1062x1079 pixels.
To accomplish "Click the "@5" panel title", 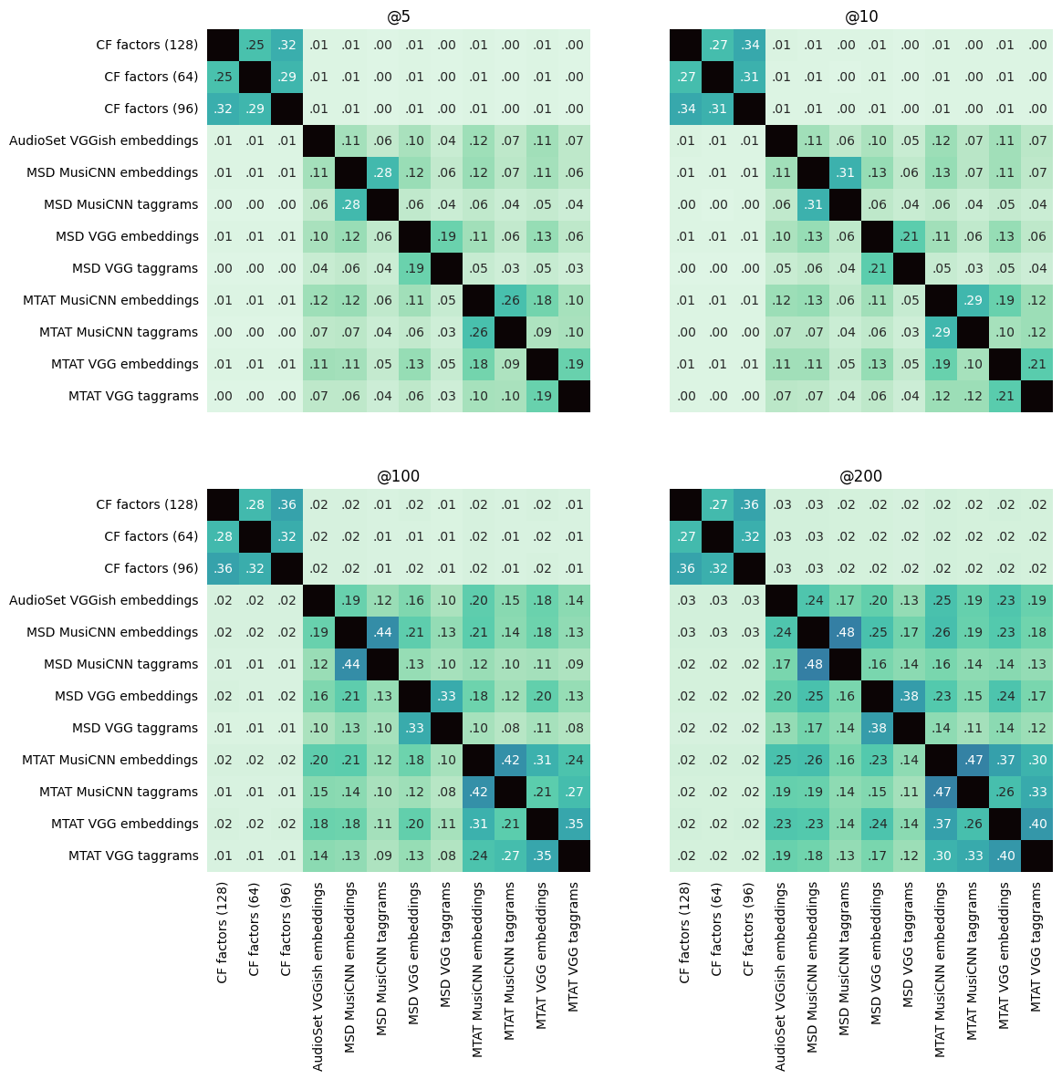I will point(398,16).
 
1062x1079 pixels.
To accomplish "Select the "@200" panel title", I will point(861,476).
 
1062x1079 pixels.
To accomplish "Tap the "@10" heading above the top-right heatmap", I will point(861,16).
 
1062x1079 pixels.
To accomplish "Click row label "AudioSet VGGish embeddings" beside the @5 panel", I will point(103,140).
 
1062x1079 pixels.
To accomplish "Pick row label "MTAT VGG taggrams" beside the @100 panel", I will point(133,856).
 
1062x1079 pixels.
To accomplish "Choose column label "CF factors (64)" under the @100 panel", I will point(255,929).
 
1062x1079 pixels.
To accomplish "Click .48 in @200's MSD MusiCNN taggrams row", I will point(813,664).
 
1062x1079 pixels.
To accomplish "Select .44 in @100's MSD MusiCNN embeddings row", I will point(382,632).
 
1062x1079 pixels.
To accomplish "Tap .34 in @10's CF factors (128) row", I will point(749,45).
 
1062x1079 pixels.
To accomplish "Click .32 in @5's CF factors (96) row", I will point(223,109).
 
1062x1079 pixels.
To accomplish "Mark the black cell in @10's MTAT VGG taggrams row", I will point(1036,396).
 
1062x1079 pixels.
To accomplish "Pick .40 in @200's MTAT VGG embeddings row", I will point(1036,824).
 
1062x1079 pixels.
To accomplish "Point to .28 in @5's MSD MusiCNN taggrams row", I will point(350,204).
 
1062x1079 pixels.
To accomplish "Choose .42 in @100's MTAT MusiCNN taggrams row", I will point(478,792).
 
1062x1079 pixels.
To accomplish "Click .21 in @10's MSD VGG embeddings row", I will point(909,236).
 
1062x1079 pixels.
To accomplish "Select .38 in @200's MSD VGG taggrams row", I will point(877,728).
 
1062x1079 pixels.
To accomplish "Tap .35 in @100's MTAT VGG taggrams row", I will point(542,856).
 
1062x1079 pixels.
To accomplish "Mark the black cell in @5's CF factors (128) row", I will point(223,45).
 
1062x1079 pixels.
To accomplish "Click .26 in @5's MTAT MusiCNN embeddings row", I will point(510,300).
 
